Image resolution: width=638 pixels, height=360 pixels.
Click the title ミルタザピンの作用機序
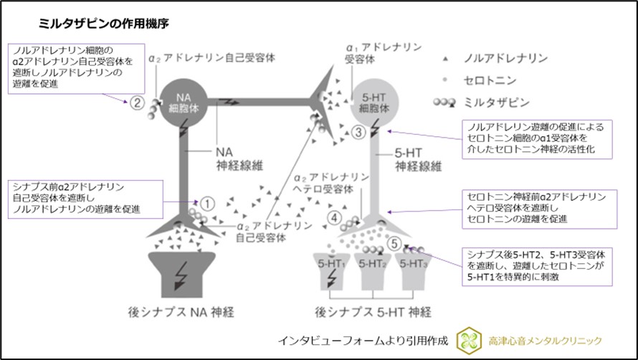104,24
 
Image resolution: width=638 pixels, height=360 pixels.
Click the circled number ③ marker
360,133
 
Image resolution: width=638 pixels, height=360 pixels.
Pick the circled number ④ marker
333,218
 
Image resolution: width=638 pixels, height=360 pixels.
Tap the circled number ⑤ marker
393,242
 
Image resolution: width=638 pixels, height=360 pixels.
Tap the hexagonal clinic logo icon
467,340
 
